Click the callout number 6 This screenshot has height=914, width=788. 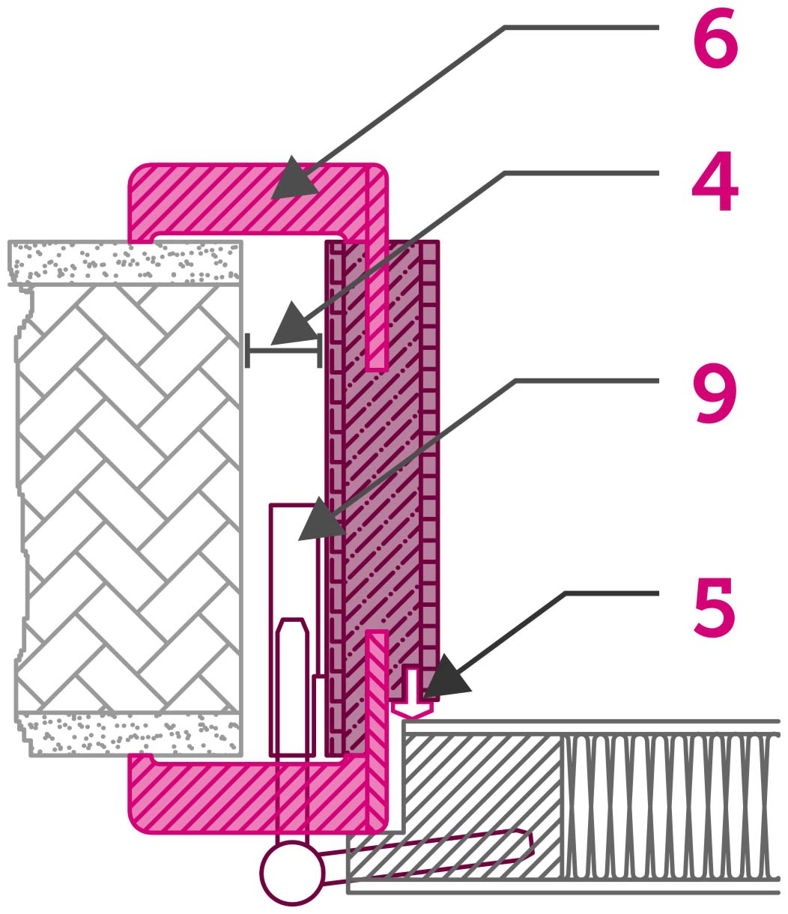point(715,43)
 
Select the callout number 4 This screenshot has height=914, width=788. point(715,181)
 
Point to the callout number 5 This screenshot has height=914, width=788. point(715,609)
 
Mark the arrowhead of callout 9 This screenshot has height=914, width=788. point(321,520)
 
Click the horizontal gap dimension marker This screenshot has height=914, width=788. point(283,351)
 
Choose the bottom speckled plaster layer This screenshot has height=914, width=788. point(128,734)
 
